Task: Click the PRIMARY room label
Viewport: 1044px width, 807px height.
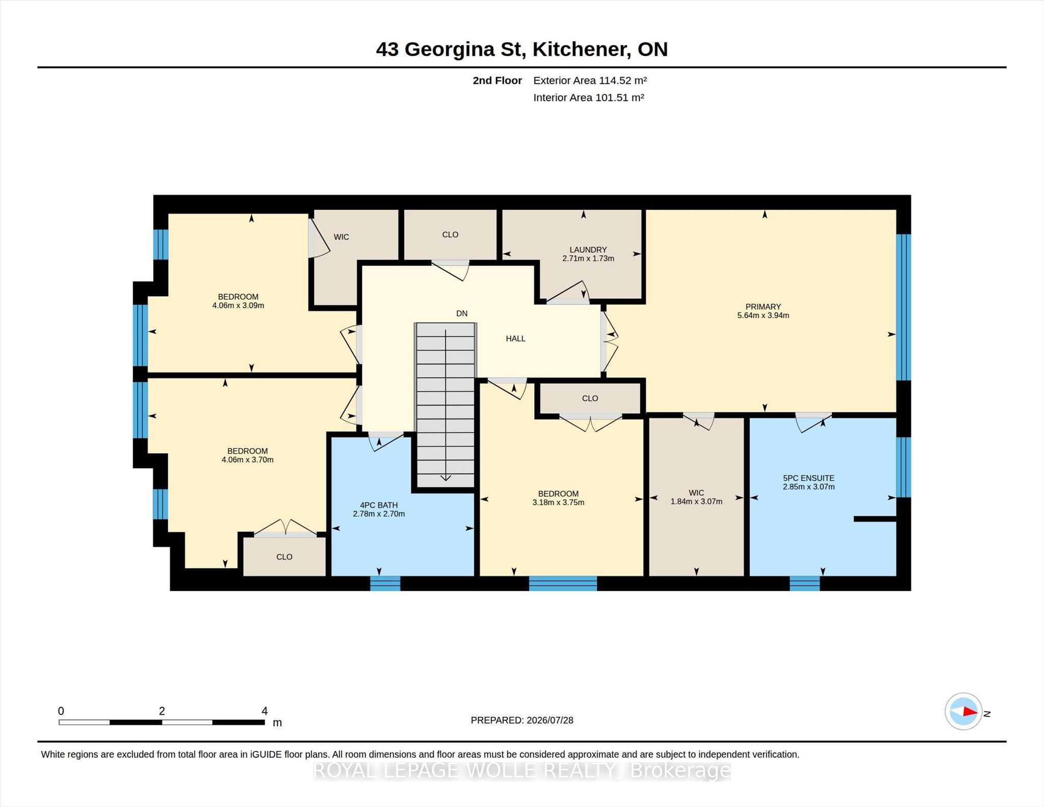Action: [763, 307]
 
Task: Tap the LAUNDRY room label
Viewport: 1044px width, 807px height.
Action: [588, 250]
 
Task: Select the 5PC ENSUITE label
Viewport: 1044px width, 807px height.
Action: [808, 478]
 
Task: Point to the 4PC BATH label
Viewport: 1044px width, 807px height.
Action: [379, 505]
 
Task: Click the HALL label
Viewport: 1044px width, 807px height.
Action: [515, 339]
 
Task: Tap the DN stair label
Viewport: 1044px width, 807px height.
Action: [462, 314]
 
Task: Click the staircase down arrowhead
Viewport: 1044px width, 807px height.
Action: [446, 478]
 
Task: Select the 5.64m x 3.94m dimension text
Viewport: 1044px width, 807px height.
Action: [763, 316]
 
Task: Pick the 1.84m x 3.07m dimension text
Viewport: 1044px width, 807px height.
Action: [696, 502]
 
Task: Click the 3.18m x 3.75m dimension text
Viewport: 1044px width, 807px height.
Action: [558, 503]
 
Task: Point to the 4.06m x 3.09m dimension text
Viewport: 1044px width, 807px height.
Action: [238, 306]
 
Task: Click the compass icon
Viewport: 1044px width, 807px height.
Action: [963, 711]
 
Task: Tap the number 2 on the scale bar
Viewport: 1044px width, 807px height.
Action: [162, 711]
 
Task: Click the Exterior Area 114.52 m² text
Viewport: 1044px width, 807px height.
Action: [590, 81]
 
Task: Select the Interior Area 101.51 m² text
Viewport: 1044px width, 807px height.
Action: [589, 98]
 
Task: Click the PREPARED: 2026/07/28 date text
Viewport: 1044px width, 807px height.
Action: [522, 720]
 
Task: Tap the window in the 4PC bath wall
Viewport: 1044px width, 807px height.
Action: [385, 583]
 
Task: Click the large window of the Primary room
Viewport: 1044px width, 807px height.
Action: [903, 307]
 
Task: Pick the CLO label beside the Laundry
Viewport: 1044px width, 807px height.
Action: [450, 235]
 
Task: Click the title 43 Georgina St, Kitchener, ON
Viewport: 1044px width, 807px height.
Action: [522, 49]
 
